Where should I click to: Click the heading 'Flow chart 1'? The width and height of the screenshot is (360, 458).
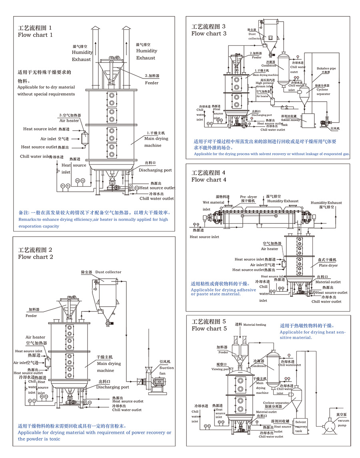[35, 35]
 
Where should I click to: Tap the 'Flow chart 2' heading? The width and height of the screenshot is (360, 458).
[35, 257]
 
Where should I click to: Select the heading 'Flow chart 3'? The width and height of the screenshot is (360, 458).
[208, 34]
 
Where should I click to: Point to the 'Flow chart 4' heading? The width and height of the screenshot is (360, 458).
[208, 180]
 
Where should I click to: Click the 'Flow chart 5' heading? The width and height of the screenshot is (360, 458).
[209, 329]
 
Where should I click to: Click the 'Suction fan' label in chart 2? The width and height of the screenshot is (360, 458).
[167, 370]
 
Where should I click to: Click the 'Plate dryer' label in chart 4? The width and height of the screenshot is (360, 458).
[328, 265]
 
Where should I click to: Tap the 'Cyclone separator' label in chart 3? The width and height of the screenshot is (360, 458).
[322, 90]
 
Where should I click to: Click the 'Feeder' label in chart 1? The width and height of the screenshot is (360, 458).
[152, 83]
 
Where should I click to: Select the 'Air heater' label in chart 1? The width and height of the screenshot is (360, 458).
[69, 121]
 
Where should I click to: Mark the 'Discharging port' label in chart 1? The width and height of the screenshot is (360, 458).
[155, 170]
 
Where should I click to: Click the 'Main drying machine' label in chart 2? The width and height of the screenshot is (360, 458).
[108, 367]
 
